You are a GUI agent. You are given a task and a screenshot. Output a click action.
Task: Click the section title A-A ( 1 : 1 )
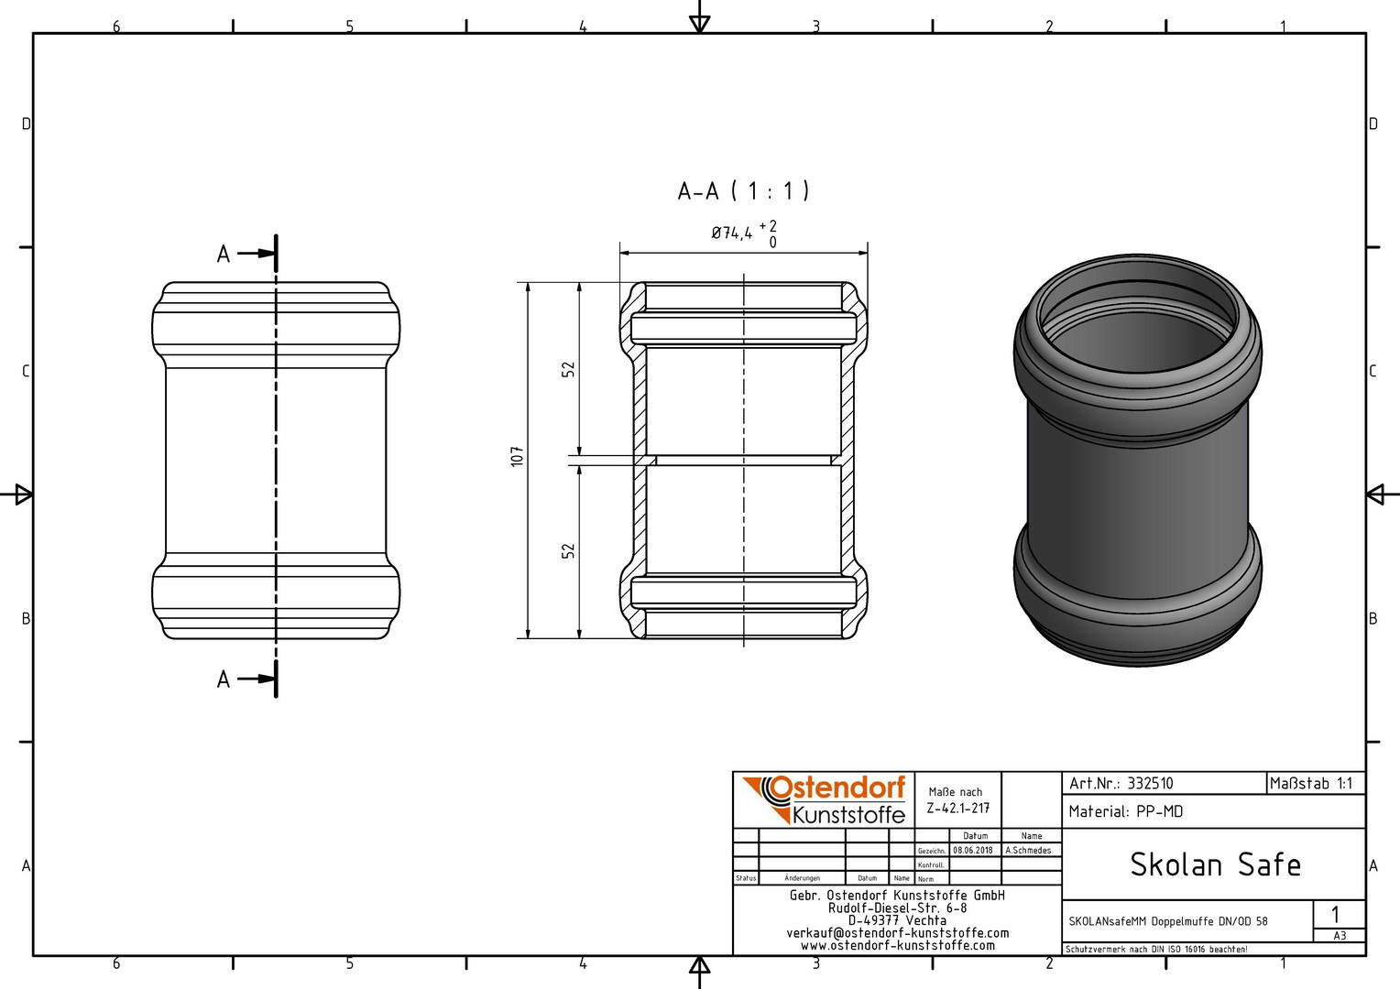pyautogui.click(x=743, y=191)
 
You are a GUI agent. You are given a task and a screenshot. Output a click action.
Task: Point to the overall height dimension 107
pyautogui.click(x=517, y=457)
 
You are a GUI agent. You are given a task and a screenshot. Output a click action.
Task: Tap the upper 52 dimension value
pyautogui.click(x=568, y=369)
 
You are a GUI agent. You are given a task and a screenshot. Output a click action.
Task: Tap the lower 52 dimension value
pyautogui.click(x=568, y=550)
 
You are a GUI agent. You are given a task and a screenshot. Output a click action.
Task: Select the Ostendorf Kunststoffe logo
pyautogui.click(x=824, y=799)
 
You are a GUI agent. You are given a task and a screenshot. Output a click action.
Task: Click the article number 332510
pyautogui.click(x=1150, y=784)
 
